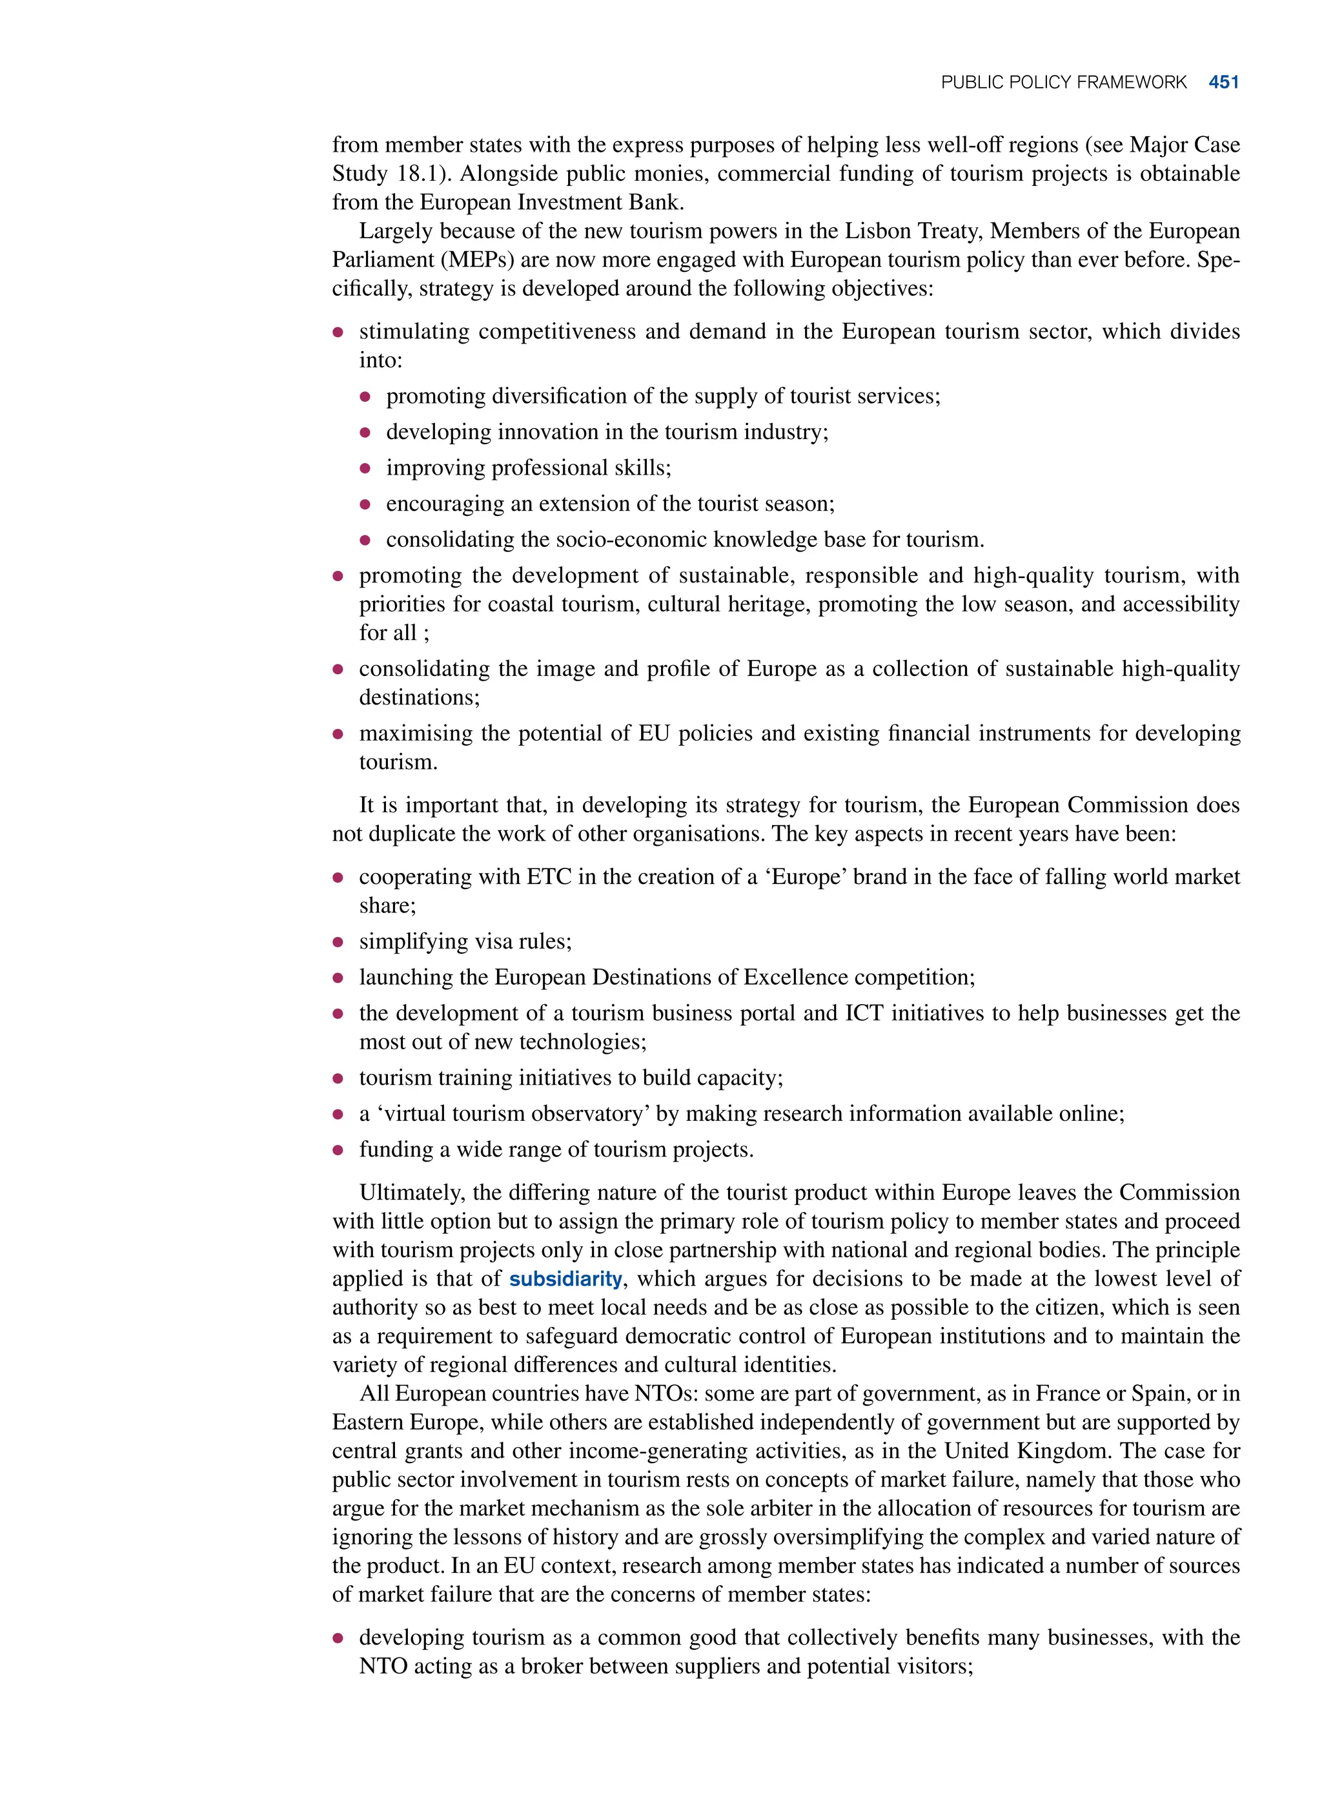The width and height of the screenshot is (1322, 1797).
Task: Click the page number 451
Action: [x=1224, y=83]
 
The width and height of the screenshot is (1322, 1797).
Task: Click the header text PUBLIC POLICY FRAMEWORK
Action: [x=1064, y=83]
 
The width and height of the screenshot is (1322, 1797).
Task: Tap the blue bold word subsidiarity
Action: [x=565, y=1279]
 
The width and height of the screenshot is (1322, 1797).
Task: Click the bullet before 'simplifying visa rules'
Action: [x=338, y=943]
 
